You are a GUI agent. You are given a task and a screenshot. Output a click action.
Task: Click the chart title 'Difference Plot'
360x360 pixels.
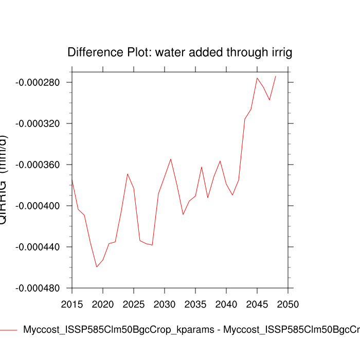pyautogui.click(x=180, y=52)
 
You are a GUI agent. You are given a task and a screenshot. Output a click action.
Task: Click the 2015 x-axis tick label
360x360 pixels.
pyautogui.click(x=72, y=303)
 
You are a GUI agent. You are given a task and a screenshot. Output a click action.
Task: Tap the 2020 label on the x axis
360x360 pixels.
pyautogui.click(x=103, y=303)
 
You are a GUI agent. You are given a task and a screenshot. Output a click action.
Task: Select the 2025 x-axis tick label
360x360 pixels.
pyautogui.click(x=134, y=303)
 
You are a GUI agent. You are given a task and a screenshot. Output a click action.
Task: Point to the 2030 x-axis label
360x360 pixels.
pyautogui.click(x=165, y=303)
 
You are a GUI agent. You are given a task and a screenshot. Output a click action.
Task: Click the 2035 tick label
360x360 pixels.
pyautogui.click(x=195, y=303)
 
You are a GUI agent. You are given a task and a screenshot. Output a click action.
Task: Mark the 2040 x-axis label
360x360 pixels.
pyautogui.click(x=226, y=303)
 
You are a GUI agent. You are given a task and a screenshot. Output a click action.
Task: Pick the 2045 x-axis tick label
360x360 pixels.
pyautogui.click(x=257, y=303)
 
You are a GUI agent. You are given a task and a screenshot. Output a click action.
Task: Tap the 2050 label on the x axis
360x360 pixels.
pyautogui.click(x=288, y=303)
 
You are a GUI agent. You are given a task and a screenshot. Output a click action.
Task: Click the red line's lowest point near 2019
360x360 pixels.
pyautogui.click(x=97, y=267)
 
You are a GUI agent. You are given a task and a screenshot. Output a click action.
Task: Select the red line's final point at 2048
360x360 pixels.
pyautogui.click(x=276, y=76)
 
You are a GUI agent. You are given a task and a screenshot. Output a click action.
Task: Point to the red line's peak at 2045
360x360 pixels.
pyautogui.click(x=257, y=78)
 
